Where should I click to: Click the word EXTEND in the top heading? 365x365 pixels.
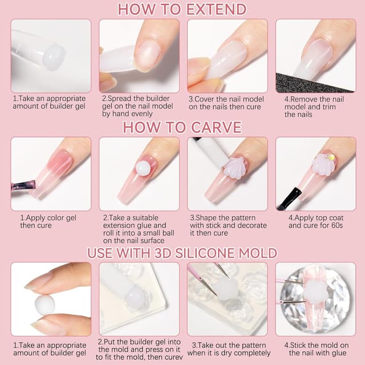tap(217, 9)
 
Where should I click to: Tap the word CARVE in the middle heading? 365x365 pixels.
tap(216, 127)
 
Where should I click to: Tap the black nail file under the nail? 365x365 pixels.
tap(312, 83)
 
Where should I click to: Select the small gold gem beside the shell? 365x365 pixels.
tap(331, 157)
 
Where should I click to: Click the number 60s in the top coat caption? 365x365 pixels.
tap(335, 225)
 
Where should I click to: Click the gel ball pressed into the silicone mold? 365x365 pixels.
tap(136, 297)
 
